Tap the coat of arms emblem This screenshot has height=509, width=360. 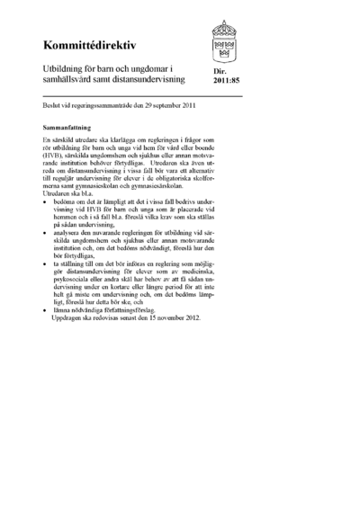pyautogui.click(x=225, y=40)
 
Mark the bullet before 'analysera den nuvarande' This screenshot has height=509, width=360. pyautogui.click(x=46, y=256)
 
